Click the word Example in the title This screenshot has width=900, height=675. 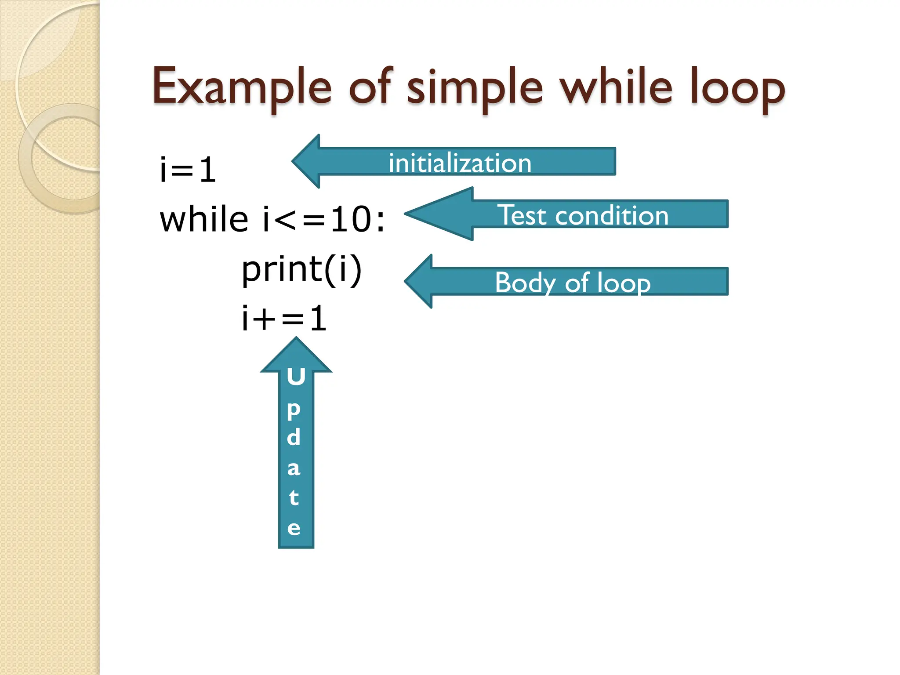click(242, 88)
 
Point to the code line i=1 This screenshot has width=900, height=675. click(188, 170)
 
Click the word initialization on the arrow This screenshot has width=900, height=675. click(460, 163)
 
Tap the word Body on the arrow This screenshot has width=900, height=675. click(526, 283)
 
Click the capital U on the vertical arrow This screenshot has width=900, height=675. click(296, 377)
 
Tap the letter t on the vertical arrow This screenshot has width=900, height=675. click(294, 497)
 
